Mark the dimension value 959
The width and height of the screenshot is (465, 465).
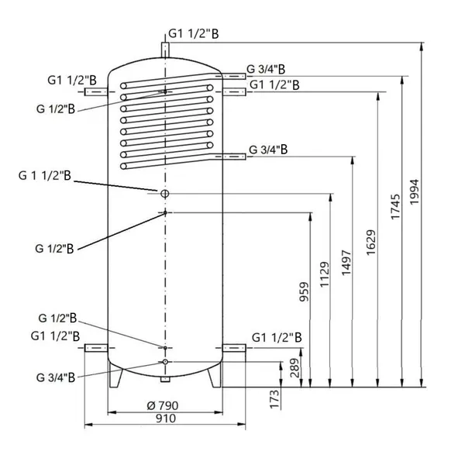click(302, 295)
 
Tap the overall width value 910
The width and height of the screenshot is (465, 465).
click(165, 419)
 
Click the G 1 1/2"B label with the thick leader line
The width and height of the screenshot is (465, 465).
click(44, 177)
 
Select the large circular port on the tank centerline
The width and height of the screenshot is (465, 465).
click(165, 192)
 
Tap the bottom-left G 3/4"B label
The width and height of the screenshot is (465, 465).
click(55, 377)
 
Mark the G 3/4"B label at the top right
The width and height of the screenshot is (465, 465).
click(267, 68)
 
